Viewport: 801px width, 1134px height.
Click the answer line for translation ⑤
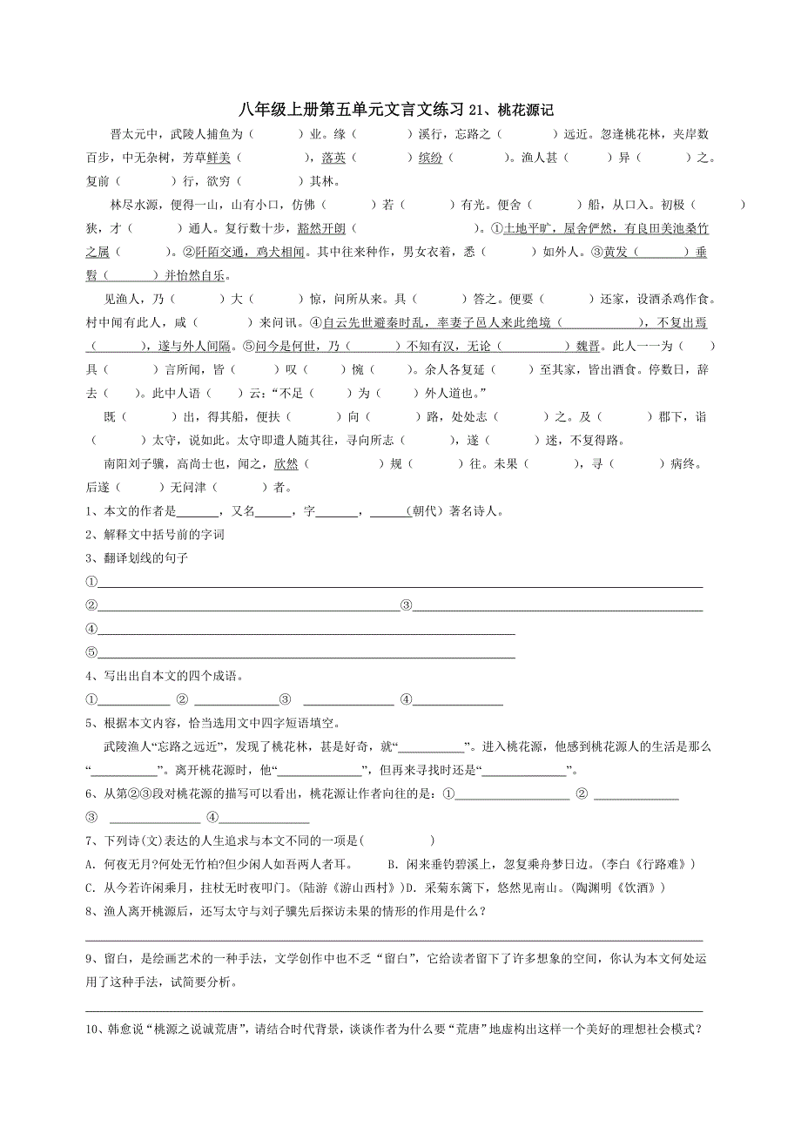coord(305,652)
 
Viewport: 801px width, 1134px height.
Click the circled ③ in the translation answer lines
coord(405,605)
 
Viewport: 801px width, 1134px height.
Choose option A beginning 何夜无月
coord(218,864)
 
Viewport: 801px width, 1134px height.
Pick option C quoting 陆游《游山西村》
coord(252,888)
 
